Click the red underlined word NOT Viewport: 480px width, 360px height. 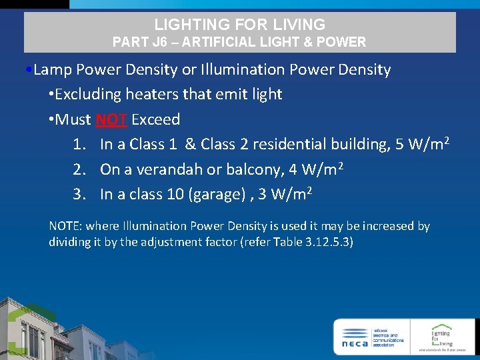point(111,120)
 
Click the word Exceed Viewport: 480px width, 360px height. point(156,120)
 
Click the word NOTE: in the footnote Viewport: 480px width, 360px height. point(65,226)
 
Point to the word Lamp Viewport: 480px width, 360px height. point(53,69)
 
